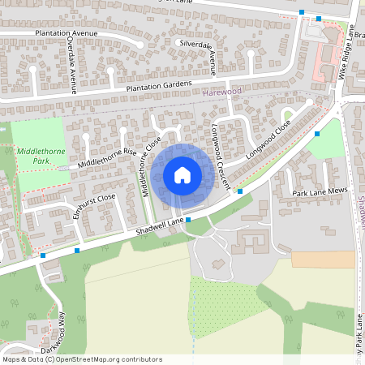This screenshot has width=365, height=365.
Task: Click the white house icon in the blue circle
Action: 182,175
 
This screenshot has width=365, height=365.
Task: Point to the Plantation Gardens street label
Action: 158,84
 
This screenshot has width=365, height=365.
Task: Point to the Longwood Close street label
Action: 268,140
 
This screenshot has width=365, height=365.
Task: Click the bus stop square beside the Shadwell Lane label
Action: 188,220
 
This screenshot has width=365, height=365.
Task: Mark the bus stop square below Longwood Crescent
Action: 240,191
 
